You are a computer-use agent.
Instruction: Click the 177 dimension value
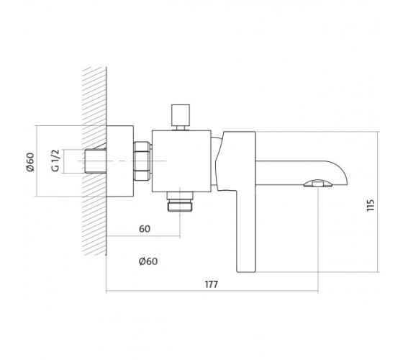[212, 284]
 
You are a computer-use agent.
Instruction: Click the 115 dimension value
[371, 205]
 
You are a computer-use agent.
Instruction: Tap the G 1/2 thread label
[55, 161]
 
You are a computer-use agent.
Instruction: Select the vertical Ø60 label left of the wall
[30, 162]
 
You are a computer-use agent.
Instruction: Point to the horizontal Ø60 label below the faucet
[148, 261]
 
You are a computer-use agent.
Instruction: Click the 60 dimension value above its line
[145, 229]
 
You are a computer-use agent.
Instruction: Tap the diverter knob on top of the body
[181, 117]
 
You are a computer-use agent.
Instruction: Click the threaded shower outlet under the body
[180, 202]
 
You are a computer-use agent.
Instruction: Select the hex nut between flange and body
[142, 161]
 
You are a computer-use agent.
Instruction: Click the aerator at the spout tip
[317, 184]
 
